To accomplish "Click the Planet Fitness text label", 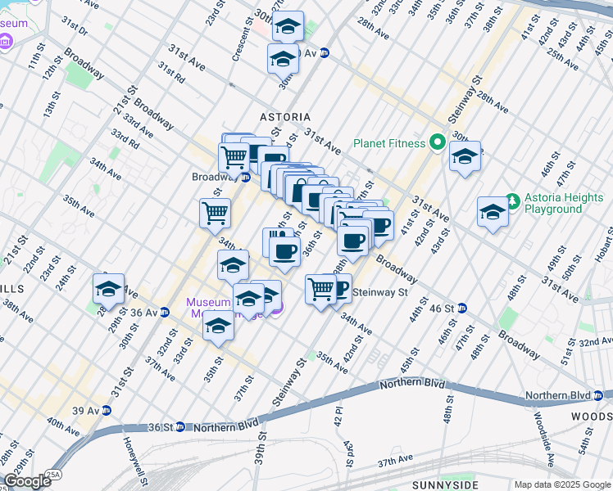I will [x=389, y=143].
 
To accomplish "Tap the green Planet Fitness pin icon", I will [x=437, y=143].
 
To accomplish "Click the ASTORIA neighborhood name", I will [x=285, y=117].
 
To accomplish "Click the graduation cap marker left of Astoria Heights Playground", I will [x=493, y=211].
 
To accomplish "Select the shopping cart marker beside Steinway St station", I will [x=320, y=287].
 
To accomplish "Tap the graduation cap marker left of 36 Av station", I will [x=109, y=288].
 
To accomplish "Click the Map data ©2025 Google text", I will [x=561, y=484].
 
